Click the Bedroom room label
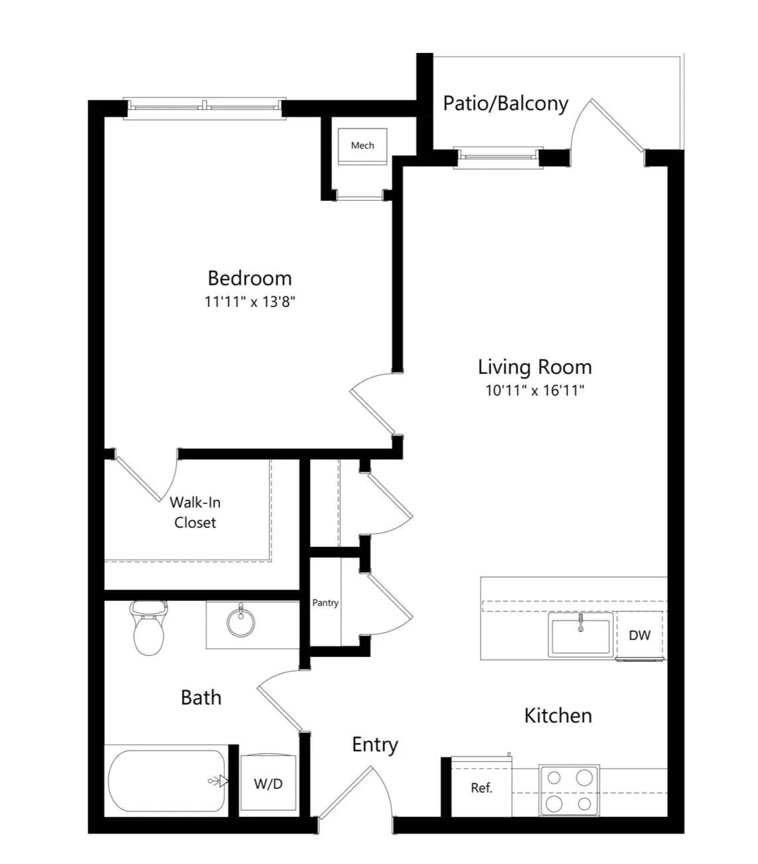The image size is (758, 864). pos(250,278)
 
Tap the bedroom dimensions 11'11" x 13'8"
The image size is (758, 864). pos(250,302)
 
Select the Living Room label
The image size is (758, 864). pos(534,367)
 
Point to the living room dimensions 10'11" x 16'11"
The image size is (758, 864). pos(534,390)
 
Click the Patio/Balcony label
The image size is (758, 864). pos(505,103)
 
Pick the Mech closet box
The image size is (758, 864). pos(362,146)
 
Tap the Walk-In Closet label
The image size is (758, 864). pos(195,513)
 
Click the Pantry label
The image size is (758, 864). pos(325,603)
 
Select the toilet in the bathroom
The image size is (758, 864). pos(148,627)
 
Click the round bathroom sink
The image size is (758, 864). pos(240,621)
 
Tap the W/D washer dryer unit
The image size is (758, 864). pos(268,783)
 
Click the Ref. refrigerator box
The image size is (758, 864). pos(481,788)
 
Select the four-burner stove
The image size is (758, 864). pos(569,790)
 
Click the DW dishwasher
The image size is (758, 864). pos(640,635)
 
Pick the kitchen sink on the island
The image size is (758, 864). pos(580,635)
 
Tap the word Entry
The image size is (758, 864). pos(374,745)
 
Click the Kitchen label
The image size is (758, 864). pos(558,715)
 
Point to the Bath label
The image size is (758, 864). pos(201,697)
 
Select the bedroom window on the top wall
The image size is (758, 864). pos(204,105)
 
